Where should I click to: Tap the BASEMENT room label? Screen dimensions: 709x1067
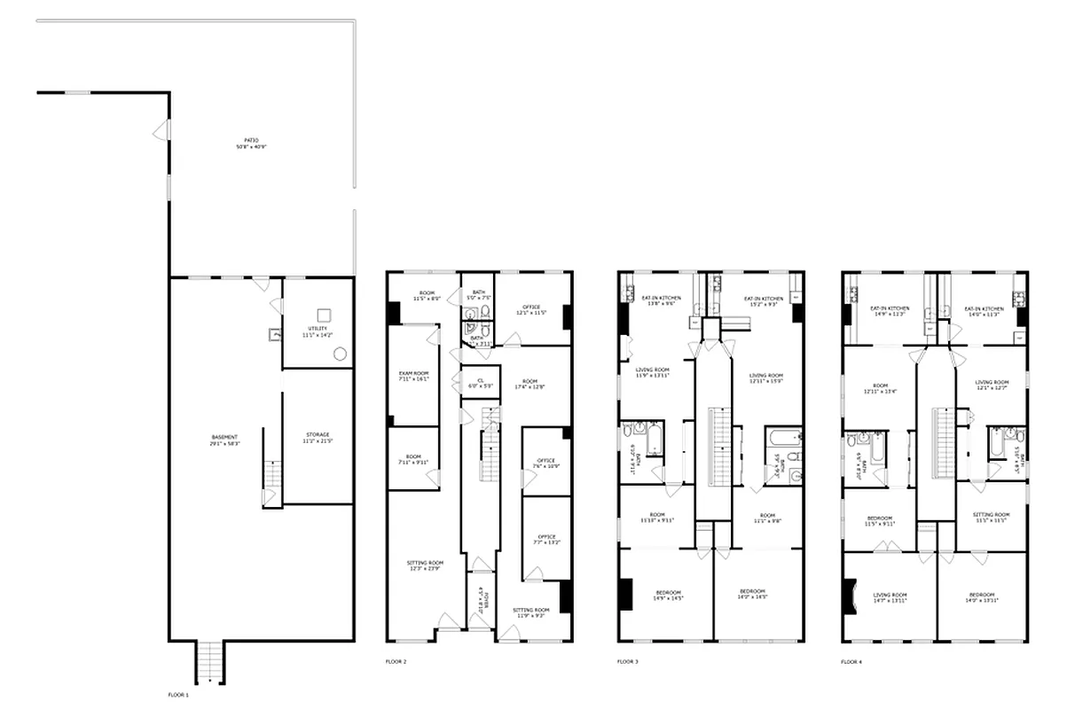coord(224,439)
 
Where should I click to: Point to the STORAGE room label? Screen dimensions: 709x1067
coord(318,437)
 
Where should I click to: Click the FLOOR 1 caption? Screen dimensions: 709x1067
coord(178,694)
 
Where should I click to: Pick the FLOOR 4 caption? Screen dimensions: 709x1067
coord(851,661)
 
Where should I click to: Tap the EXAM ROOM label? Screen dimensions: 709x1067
coord(413,376)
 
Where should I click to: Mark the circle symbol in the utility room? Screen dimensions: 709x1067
coord(339,354)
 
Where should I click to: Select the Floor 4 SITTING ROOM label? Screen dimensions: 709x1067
coord(991,517)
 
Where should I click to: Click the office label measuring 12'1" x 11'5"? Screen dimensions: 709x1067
coord(531,310)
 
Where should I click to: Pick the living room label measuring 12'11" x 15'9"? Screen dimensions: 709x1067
coord(765,378)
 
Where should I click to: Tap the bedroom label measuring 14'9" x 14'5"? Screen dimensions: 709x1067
coord(668,595)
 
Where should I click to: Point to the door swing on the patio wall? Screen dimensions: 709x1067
coord(161,131)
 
